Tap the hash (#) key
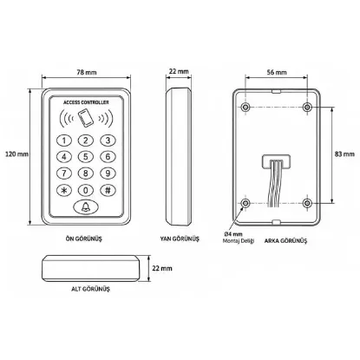108,190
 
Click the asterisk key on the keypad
64,190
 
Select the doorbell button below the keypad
86,207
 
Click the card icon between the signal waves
86,118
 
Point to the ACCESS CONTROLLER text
86,102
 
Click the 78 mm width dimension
87,72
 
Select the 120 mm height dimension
16,154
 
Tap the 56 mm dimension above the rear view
277,72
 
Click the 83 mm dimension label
344,154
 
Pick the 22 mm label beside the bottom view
162,268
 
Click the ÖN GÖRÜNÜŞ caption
84,239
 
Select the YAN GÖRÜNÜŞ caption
180,239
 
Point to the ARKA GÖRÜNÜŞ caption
285,240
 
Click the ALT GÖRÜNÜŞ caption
90,289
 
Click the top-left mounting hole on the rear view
245,108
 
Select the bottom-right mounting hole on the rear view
307,203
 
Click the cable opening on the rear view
276,162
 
